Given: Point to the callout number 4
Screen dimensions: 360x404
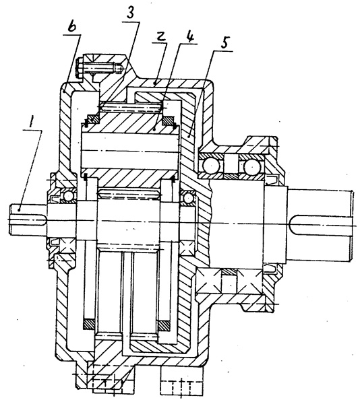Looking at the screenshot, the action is click(189, 37).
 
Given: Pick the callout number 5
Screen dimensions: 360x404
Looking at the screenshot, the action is click(224, 43).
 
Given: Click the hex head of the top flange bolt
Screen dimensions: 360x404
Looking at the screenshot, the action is click(80, 69).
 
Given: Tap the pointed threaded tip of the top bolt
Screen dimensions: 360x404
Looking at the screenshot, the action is click(119, 69).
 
